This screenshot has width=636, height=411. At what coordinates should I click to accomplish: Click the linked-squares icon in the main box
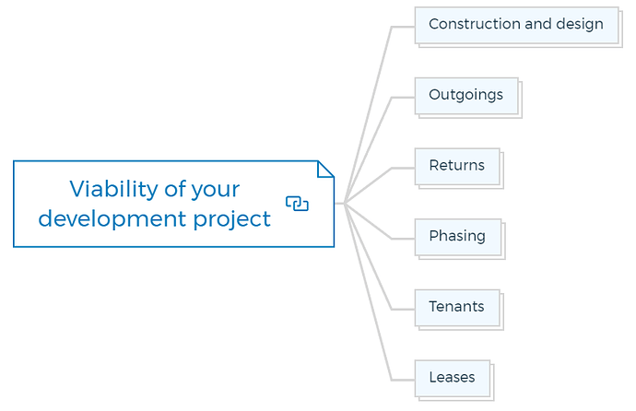point(297,204)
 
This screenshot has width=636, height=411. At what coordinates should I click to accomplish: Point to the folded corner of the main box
point(325,170)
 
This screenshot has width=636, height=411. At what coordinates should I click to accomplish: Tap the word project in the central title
point(231,219)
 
